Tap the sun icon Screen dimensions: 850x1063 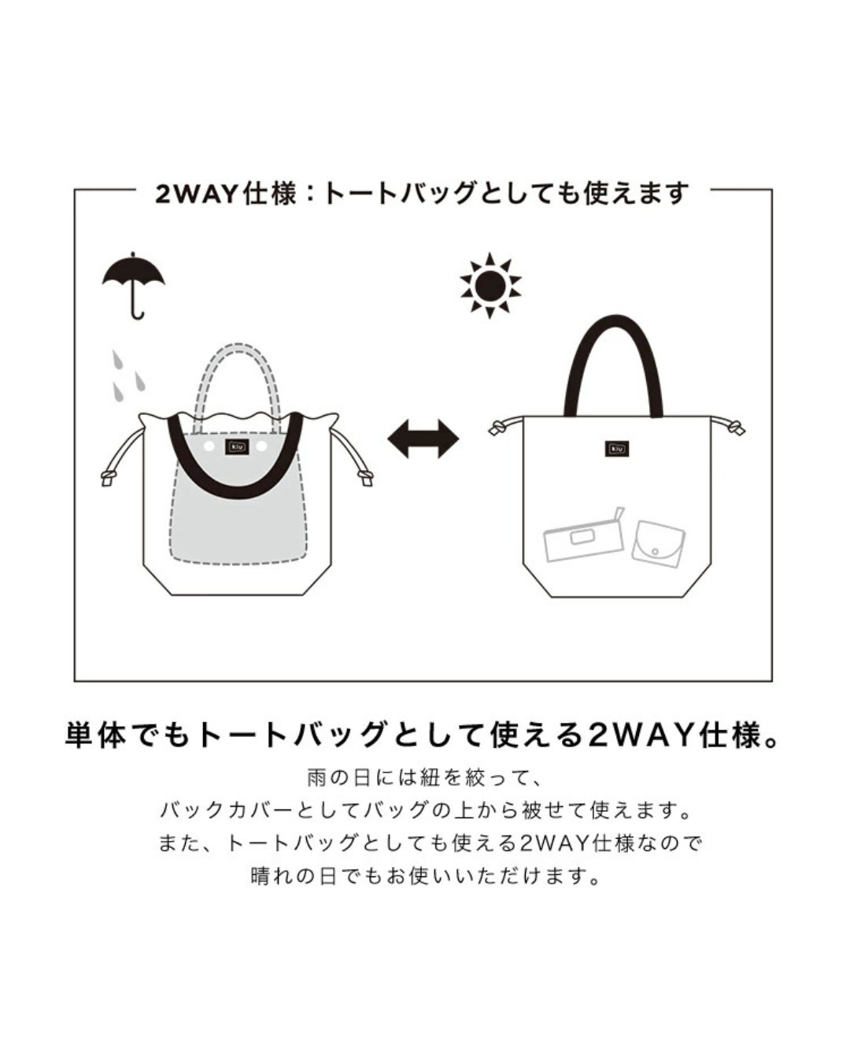coord(490,286)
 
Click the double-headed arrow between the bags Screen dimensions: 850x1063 coord(423,439)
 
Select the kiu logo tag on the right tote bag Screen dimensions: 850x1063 coord(617,449)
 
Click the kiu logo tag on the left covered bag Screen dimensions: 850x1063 coord(237,447)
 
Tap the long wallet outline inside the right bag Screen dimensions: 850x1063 coord(584,536)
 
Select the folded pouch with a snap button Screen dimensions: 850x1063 coord(659,543)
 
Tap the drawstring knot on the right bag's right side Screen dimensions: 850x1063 coord(735,428)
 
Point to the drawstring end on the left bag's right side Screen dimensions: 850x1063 coord(366,477)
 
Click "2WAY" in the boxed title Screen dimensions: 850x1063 coord(197,194)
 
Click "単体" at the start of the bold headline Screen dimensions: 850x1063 coord(97,735)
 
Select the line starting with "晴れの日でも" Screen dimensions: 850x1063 coord(425,876)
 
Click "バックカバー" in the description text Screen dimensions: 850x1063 coord(227,811)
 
